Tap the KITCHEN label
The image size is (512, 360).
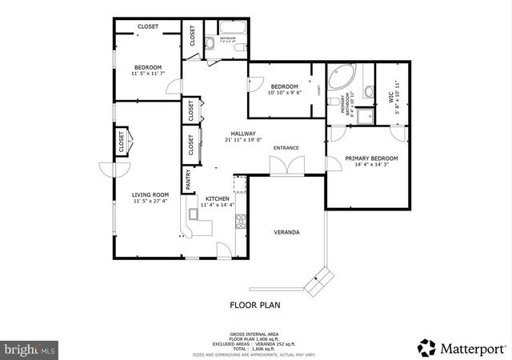[218, 198]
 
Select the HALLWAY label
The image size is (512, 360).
[243, 134]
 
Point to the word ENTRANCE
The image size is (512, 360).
[286, 148]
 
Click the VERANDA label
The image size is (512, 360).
[287, 232]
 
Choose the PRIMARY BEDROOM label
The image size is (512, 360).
[371, 158]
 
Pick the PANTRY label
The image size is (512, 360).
[189, 180]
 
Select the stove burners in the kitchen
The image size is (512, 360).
[238, 219]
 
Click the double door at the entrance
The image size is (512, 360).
[286, 166]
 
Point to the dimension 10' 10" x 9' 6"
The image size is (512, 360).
[284, 93]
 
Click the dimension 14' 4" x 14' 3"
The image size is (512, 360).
[371, 166]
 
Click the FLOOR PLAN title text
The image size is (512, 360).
[255, 305]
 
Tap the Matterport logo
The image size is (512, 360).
[462, 347]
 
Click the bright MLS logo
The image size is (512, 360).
[30, 349]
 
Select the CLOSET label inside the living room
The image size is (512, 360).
[122, 145]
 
